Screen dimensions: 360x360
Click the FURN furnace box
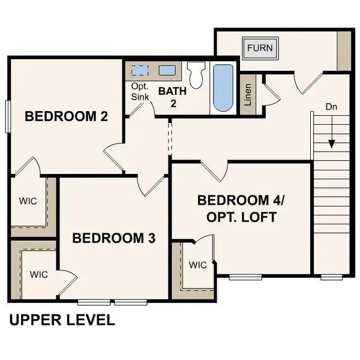[x=260, y=47]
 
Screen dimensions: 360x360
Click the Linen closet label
[x=248, y=94]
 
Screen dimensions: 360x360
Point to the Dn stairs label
[x=331, y=106]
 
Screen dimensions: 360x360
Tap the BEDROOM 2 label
[x=66, y=116]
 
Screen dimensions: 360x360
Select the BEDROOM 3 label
[x=113, y=238]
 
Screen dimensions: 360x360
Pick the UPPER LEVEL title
[x=62, y=320]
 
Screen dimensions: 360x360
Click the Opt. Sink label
[x=140, y=91]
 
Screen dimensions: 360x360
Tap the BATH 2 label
[x=172, y=97]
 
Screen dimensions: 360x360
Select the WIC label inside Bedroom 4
[x=197, y=265]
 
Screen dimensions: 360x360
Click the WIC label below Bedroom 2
[x=28, y=201]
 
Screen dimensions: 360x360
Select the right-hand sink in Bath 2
[x=167, y=70]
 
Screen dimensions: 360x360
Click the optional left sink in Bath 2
[x=140, y=70]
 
